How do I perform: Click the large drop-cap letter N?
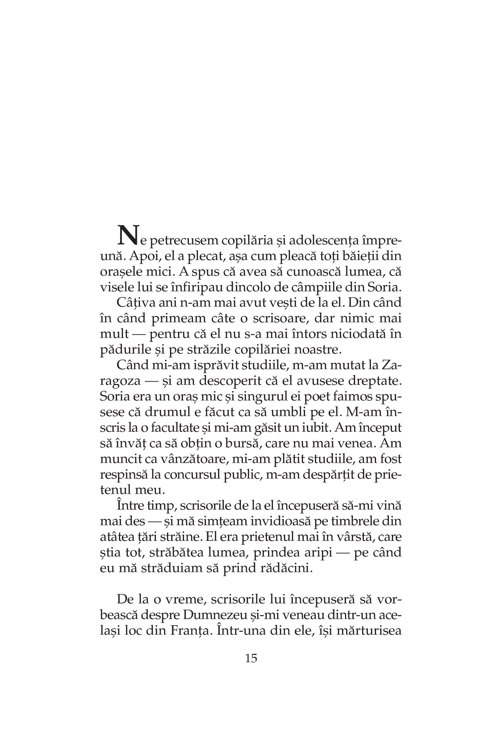click(128, 235)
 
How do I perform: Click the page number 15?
click(251, 658)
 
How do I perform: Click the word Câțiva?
click(133, 302)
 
